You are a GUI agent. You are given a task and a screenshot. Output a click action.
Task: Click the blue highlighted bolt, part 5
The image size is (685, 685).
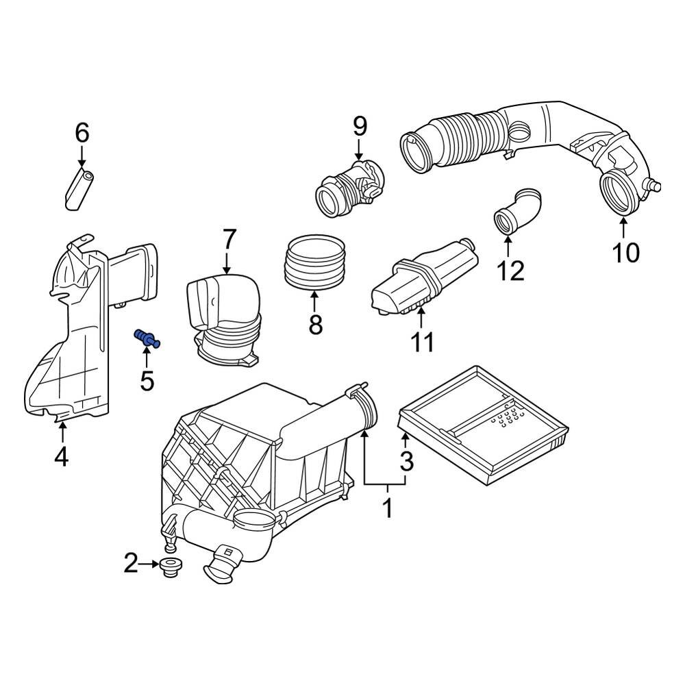coord(147,338)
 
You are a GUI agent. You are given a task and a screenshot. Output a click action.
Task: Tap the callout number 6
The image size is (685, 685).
coord(82,133)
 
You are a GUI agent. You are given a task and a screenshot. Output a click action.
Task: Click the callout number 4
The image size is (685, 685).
coord(62,456)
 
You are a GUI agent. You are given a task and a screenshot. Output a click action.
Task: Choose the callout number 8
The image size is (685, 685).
coord(315,325)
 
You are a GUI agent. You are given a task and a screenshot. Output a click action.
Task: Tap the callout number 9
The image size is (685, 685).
coord(360,127)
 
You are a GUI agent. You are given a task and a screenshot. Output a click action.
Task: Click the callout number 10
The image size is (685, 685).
coord(625,253)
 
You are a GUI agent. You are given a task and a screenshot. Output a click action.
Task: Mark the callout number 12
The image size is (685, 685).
coord(510,271)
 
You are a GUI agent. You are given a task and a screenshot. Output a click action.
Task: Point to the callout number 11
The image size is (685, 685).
coord(422,342)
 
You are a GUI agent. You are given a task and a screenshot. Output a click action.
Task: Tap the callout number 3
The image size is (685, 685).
coord(407,462)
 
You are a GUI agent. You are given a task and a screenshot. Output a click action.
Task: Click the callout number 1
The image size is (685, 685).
coord(387,509)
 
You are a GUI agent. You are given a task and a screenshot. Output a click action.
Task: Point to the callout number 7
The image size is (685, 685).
coord(228,240)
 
